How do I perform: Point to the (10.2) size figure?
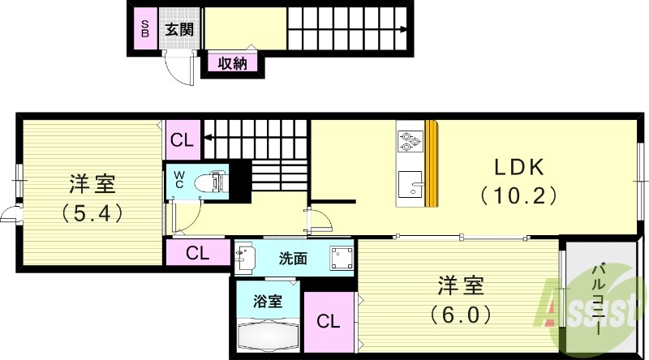(518, 195)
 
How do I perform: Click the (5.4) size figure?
(91, 213)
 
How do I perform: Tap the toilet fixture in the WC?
(213, 180)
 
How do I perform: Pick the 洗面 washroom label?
(293, 259)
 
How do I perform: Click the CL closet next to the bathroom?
(329, 322)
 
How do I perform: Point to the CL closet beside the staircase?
(182, 139)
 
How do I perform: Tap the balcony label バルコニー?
(601, 300)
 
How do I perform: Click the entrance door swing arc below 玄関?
(181, 71)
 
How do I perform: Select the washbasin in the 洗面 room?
(244, 259)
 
